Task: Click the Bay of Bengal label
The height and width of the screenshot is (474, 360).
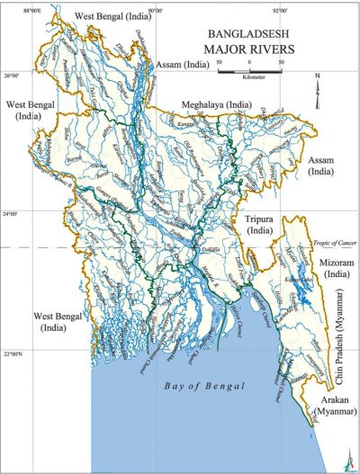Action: pyautogui.click(x=202, y=386)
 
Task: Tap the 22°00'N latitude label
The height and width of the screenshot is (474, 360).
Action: pyautogui.click(x=16, y=353)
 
